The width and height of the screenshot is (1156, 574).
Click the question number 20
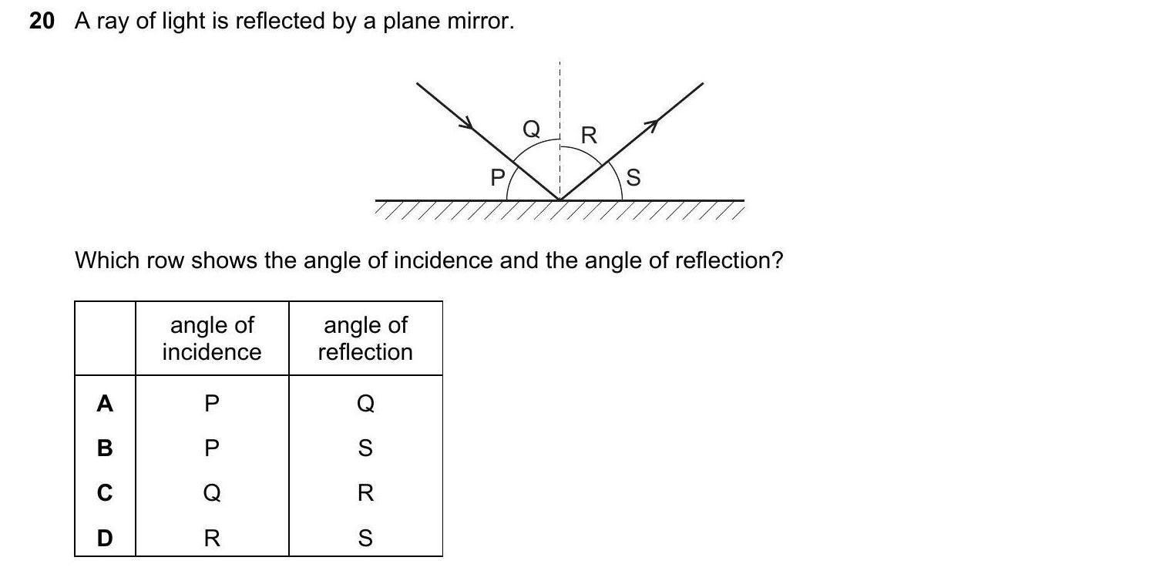(42, 22)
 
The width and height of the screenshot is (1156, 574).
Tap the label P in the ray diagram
(498, 178)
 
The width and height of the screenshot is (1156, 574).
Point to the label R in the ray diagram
(589, 136)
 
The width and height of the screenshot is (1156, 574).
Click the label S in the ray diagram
(633, 179)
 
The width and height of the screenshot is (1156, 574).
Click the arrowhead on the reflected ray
(651, 123)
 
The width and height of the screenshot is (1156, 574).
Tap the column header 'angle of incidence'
(212, 338)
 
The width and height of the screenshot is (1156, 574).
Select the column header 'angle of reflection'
(365, 338)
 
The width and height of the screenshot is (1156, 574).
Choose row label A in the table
(105, 403)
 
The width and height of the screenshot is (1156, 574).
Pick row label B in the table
(105, 448)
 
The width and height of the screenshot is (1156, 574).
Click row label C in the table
(105, 492)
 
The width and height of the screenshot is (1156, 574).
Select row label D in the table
(105, 538)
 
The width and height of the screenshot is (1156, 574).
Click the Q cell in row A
(365, 403)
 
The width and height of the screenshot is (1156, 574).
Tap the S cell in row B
(365, 448)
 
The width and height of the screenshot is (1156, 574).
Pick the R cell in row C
(365, 492)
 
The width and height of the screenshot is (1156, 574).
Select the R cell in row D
(212, 538)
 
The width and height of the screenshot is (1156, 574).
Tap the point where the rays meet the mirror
(560, 200)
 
